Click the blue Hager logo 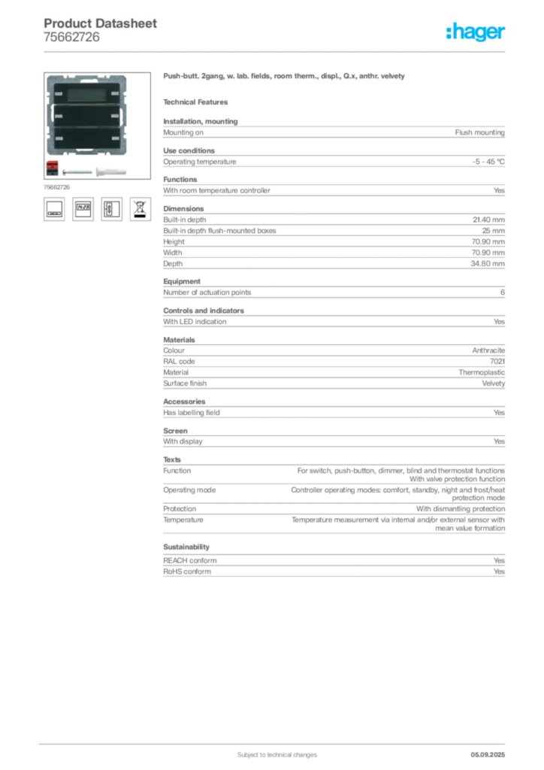(x=477, y=32)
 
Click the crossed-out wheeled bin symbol (x=141, y=208)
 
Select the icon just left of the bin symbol (x=111, y=208)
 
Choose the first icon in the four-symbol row (x=53, y=208)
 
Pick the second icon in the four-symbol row (x=83, y=208)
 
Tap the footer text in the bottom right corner (x=489, y=750)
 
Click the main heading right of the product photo (x=286, y=77)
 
